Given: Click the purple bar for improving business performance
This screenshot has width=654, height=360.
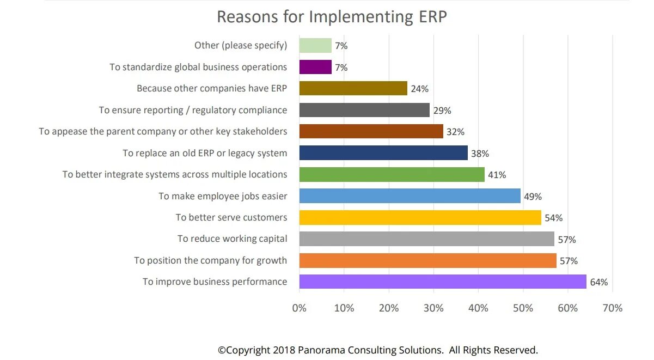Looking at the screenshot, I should [x=443, y=282].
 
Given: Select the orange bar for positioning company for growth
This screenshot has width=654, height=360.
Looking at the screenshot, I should [x=428, y=260].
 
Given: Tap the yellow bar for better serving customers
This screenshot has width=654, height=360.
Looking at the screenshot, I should [x=420, y=218].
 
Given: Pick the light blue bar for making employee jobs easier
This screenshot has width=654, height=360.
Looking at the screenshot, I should [x=410, y=196].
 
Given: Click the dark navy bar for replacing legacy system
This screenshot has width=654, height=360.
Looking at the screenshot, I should [x=383, y=153].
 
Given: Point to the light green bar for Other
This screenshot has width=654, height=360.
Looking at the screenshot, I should [x=315, y=46].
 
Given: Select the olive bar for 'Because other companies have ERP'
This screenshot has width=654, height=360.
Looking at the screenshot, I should [x=353, y=88].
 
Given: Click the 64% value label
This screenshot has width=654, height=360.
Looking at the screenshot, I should [x=599, y=282].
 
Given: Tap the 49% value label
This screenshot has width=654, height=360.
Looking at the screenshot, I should [x=533, y=197].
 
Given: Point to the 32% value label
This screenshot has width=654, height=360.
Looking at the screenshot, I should [x=456, y=132].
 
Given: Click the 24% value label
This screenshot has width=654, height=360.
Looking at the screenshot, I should [x=420, y=89].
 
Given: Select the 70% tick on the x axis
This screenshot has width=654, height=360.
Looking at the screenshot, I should [x=613, y=308].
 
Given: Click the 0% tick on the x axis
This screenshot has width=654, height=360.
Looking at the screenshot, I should [x=300, y=308].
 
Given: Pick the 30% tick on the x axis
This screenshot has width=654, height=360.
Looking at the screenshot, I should [x=433, y=308].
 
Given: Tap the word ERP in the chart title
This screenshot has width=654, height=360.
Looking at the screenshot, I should [x=433, y=17].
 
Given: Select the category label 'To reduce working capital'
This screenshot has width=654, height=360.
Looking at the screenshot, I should [x=233, y=239].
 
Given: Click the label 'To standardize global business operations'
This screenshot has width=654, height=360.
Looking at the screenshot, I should [x=198, y=67].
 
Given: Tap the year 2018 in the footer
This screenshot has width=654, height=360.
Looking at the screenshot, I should [x=284, y=350].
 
